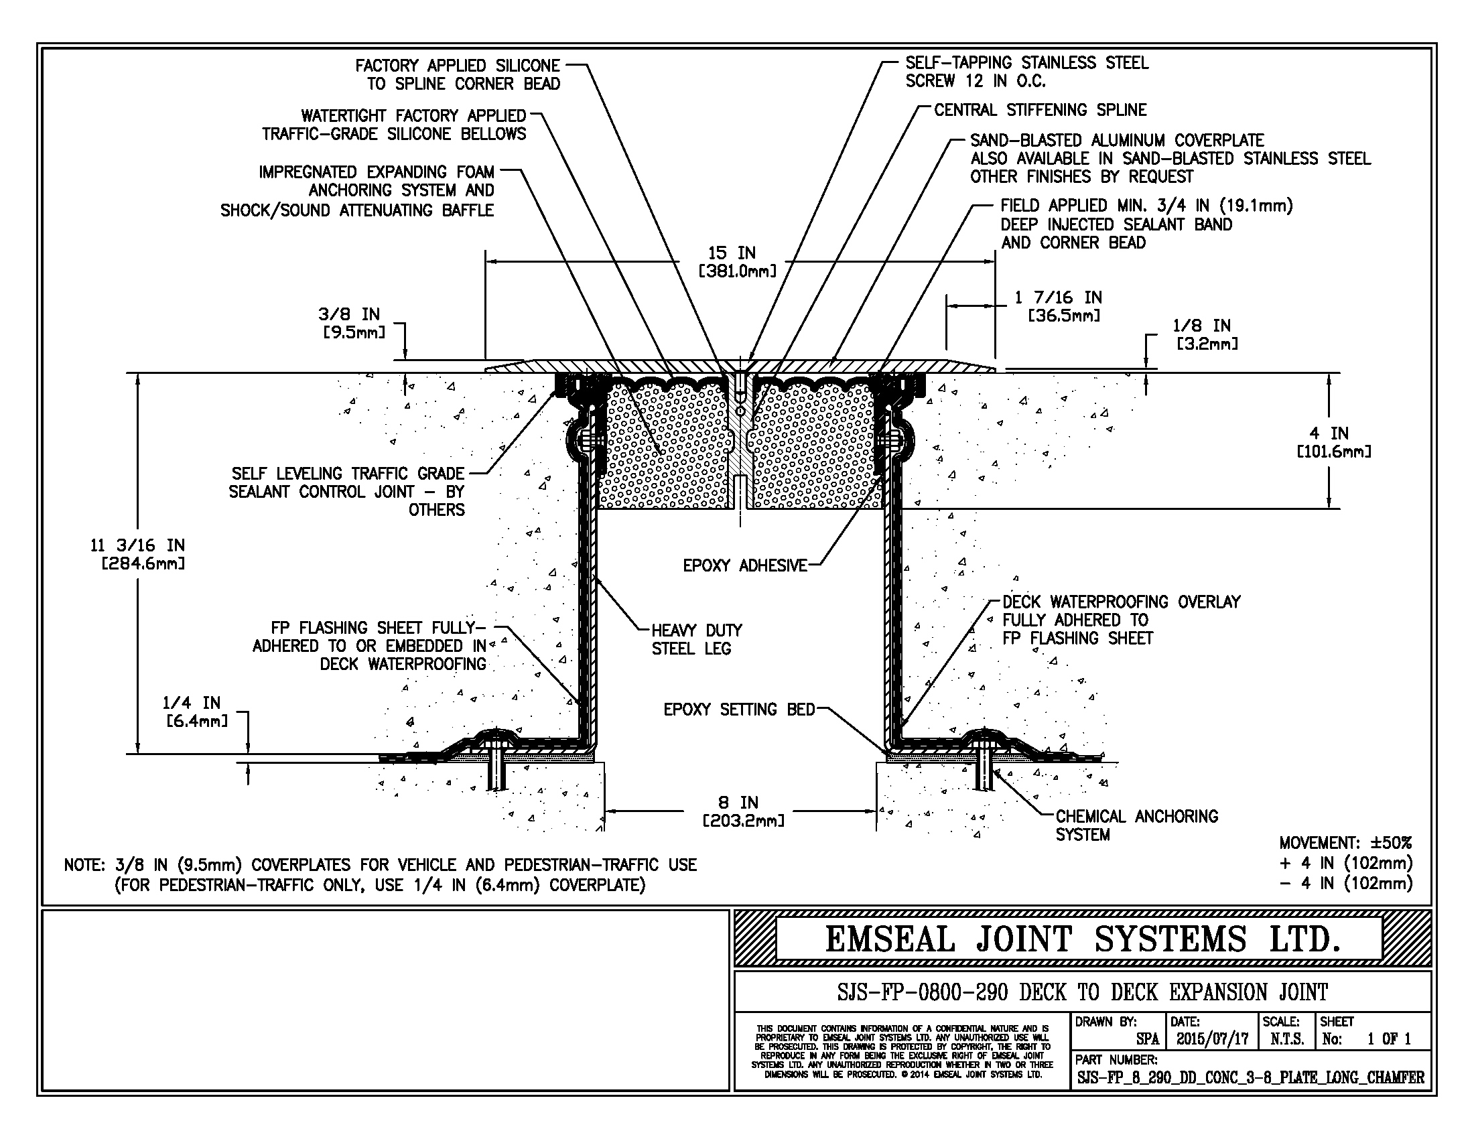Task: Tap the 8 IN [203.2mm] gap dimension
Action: point(743,812)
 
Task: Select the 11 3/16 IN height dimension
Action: point(137,554)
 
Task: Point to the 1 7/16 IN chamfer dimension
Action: point(1058,306)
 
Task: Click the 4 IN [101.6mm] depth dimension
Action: point(1329,442)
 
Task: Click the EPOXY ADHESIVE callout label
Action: point(744,565)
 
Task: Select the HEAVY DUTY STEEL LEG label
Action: point(696,639)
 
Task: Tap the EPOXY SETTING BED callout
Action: point(739,709)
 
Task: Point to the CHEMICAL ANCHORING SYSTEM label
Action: point(1136,825)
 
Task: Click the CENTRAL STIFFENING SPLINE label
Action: point(1040,110)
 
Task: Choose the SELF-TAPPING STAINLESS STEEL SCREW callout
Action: point(1026,72)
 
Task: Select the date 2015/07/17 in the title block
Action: point(1212,1039)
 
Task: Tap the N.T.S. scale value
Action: point(1287,1039)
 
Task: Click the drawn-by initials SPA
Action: point(1147,1039)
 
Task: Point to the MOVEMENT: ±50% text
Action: point(1345,843)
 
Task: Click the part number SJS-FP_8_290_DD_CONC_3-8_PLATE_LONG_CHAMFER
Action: point(1250,1077)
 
